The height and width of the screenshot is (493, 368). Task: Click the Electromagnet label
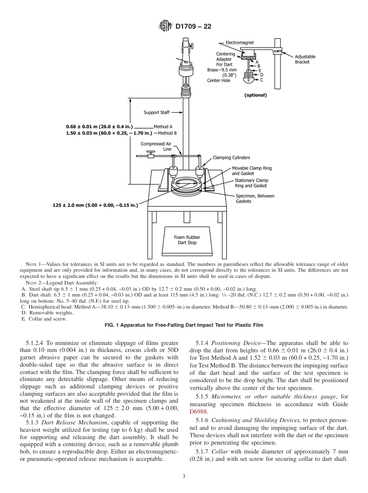coord(240,43)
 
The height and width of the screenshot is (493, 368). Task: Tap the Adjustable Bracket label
coord(305,59)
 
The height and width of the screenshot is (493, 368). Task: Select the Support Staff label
coord(156,113)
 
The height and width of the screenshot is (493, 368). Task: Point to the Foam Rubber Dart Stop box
coord(187,240)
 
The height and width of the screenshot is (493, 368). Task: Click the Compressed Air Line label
coord(156,146)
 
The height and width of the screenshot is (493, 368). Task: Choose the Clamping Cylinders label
coord(231,158)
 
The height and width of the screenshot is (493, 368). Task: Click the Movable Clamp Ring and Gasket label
coord(251,171)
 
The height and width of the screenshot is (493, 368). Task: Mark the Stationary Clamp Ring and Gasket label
coord(251,183)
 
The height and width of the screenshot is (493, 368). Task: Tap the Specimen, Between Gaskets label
coord(255,198)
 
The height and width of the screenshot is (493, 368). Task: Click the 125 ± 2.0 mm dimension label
coord(95,205)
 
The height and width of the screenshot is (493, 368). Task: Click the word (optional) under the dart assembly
coord(255,95)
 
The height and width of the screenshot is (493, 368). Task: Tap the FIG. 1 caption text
coord(184,325)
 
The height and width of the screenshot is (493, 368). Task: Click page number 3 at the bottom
coord(184,476)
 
